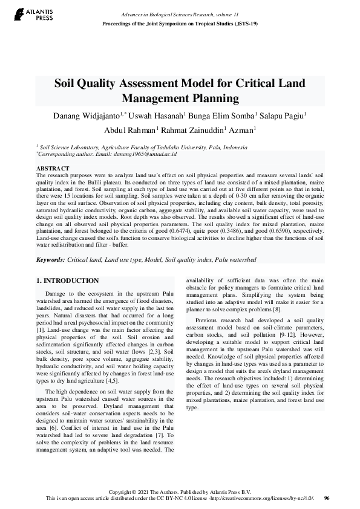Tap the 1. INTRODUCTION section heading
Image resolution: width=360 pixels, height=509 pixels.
click(68, 280)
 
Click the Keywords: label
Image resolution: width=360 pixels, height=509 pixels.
click(50, 259)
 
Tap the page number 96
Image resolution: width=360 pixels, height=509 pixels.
click(327, 498)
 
